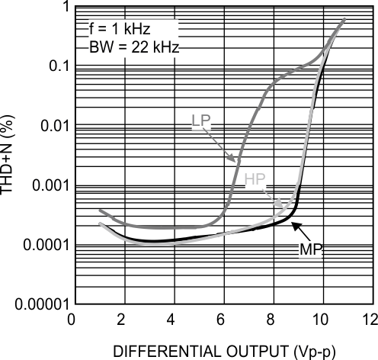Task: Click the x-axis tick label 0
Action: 72,318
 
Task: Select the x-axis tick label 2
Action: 122,318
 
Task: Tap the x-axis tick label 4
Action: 171,318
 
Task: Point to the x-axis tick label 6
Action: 222,318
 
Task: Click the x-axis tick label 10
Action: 321,318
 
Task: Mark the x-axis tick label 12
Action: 370,318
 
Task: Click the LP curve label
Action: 203,121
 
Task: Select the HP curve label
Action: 255,180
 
